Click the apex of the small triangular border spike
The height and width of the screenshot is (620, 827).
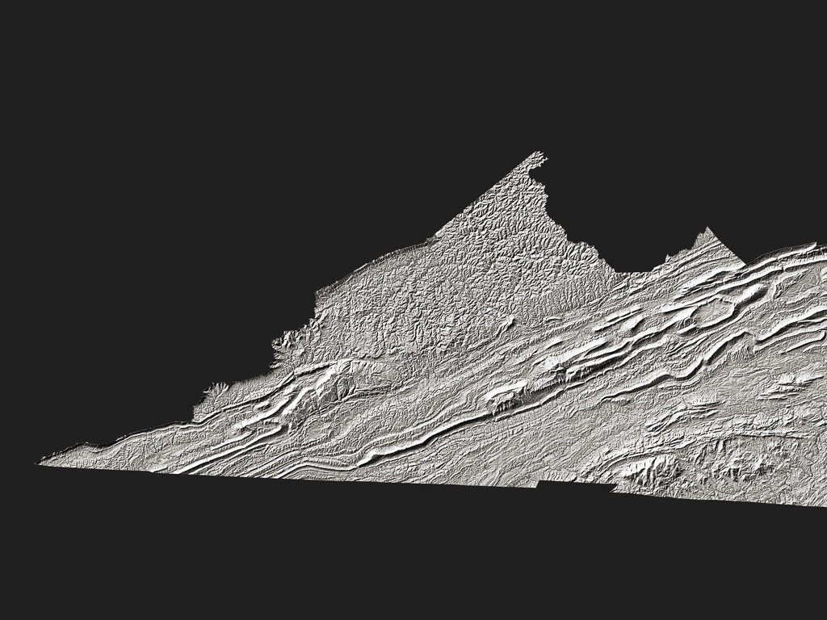(x=707, y=229)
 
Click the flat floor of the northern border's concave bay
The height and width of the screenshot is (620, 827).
(x=638, y=270)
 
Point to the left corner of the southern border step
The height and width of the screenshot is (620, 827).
(x=539, y=482)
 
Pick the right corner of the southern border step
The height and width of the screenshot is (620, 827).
(x=612, y=486)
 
